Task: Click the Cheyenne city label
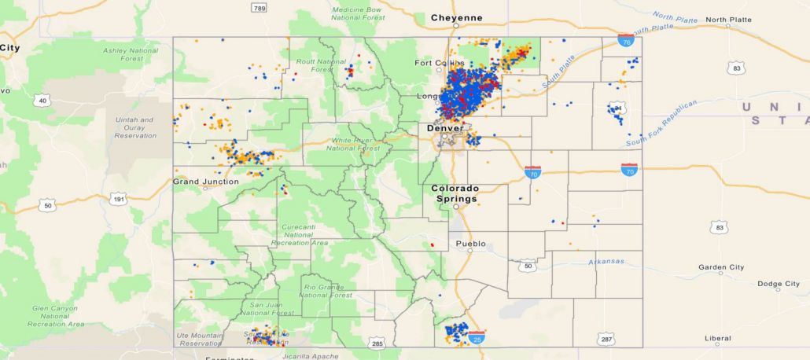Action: click(x=456, y=18)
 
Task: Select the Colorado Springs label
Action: click(x=455, y=194)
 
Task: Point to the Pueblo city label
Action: click(x=472, y=244)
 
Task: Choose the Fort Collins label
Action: click(x=435, y=63)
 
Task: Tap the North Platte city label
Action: click(x=727, y=20)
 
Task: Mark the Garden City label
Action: click(x=721, y=267)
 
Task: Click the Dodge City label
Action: click(x=778, y=284)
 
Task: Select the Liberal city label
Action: click(x=717, y=339)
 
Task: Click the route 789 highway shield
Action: click(x=259, y=7)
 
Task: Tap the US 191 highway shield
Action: click(x=118, y=199)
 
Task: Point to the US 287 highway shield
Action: click(x=606, y=339)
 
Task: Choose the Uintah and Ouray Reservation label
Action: click(x=134, y=128)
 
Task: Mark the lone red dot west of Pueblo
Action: click(x=432, y=245)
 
